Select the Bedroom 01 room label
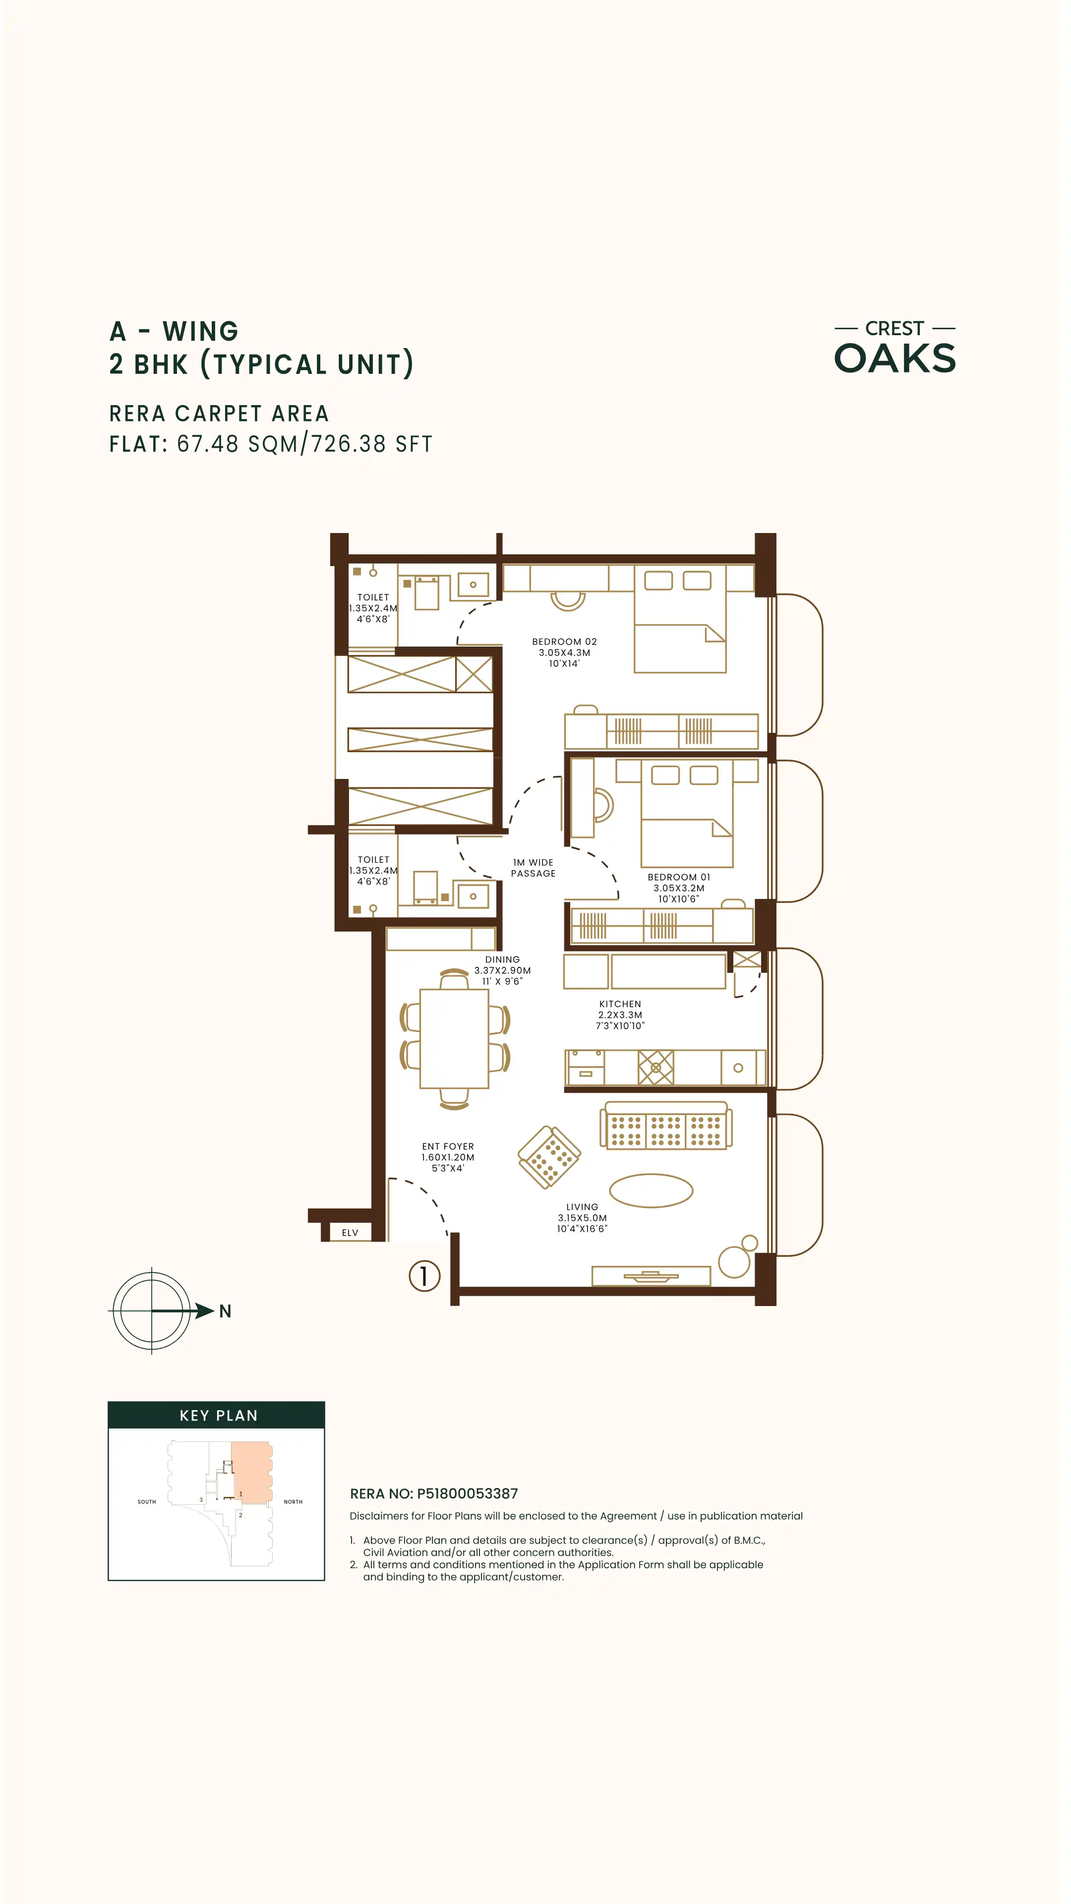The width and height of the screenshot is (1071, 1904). tap(678, 888)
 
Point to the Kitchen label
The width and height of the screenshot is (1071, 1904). tap(620, 1015)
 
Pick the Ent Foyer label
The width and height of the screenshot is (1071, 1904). tap(448, 1157)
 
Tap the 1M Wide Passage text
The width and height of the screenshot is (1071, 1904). tap(533, 868)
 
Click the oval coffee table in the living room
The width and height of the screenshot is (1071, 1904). tap(651, 1190)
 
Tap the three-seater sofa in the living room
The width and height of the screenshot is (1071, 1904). tap(666, 1126)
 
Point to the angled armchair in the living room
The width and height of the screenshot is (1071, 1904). tap(549, 1157)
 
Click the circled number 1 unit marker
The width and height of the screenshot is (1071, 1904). tap(424, 1276)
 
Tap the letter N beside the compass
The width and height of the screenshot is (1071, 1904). tap(226, 1311)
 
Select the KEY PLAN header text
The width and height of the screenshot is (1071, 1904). tap(219, 1416)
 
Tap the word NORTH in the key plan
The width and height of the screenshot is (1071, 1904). tap(293, 1502)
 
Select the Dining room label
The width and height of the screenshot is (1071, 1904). tap(503, 970)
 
